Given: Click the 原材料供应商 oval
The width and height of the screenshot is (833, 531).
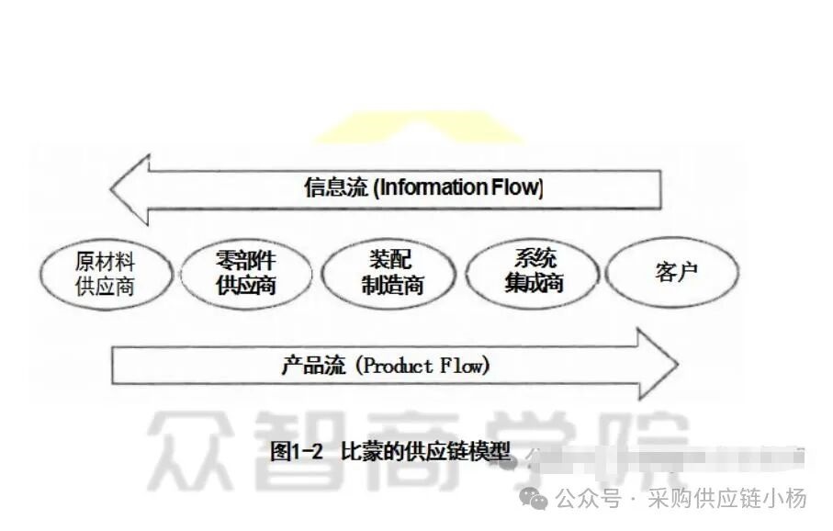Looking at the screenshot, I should (106, 273).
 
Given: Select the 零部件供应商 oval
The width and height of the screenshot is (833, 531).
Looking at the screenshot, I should (246, 273).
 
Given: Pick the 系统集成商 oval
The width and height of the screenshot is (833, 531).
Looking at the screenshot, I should (533, 271).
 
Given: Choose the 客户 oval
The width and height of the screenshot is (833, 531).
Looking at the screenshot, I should (676, 272).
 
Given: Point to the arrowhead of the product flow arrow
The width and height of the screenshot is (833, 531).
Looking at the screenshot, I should (657, 366).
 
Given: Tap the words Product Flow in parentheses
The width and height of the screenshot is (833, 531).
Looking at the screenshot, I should (422, 366).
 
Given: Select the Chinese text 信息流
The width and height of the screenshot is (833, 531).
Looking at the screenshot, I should (335, 188).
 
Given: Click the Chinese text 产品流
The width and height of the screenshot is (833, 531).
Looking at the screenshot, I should (313, 366).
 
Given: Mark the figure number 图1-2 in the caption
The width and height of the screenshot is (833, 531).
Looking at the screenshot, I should (300, 451).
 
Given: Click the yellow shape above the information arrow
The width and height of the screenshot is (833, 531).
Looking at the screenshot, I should (418, 129).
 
